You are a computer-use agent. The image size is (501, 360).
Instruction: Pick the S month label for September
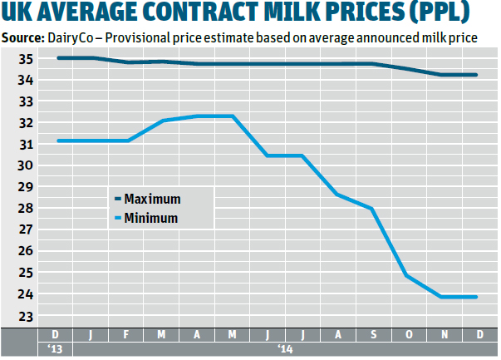(x=373, y=335)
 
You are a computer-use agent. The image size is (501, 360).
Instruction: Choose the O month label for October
(x=408, y=335)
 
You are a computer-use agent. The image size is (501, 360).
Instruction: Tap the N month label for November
(x=443, y=335)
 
